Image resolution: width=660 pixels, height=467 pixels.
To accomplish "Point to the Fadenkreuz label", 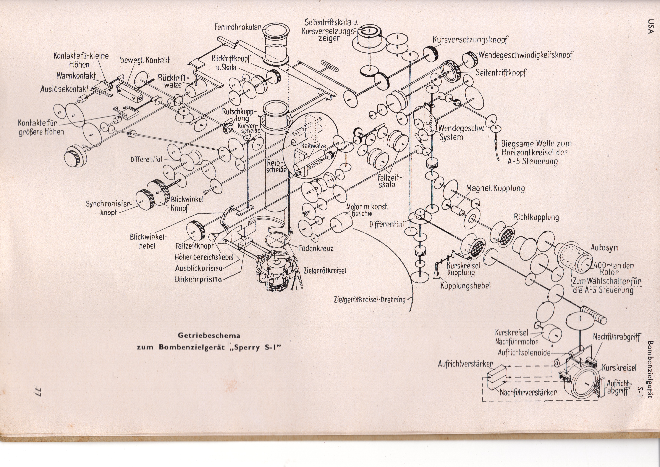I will (316, 248).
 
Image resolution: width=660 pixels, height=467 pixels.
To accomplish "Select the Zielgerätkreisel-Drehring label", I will (370, 299).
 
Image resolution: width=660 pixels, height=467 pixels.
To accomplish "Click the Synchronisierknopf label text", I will (109, 208).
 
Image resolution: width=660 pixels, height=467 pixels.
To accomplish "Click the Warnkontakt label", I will (76, 76).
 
